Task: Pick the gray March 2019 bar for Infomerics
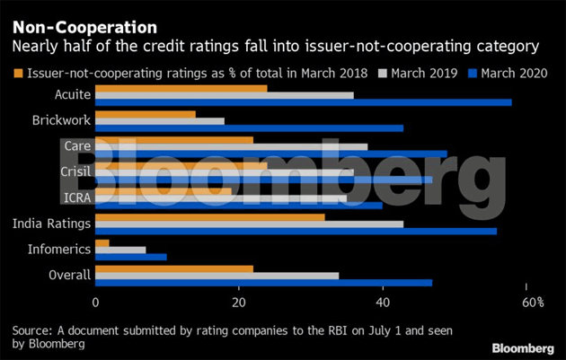tap(120, 249)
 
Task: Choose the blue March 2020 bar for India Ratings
tap(296, 231)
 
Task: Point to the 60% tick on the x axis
tap(534, 303)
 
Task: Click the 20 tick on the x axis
tap(239, 303)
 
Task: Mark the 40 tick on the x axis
tap(383, 303)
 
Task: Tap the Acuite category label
tap(72, 93)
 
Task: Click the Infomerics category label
tap(58, 249)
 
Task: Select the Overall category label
tap(69, 275)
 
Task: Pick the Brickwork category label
tap(60, 119)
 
